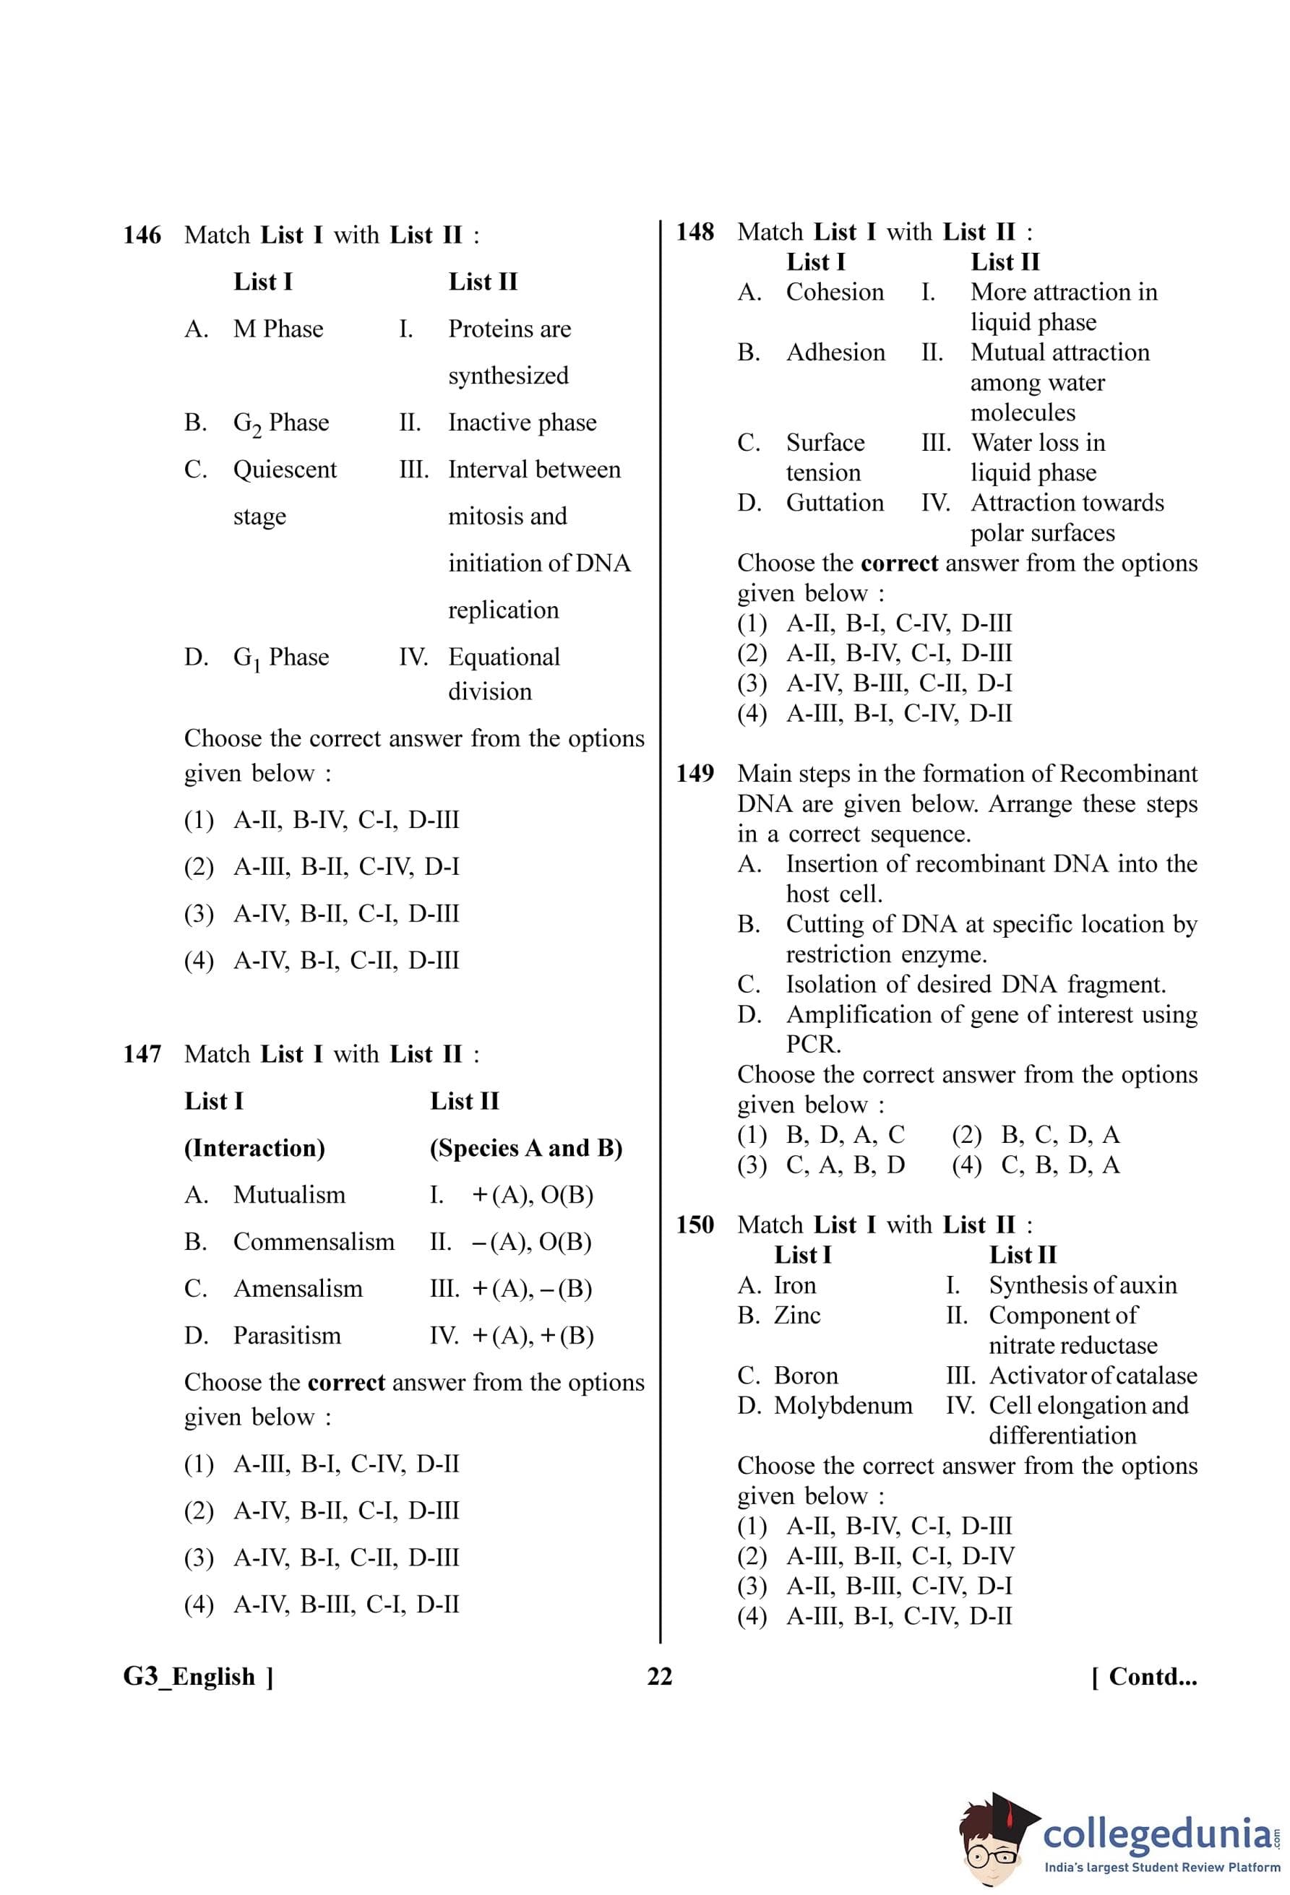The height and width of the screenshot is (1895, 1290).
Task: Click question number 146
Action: coord(142,236)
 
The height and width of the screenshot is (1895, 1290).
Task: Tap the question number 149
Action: coord(695,773)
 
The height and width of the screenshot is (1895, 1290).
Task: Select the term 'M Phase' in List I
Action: coord(278,329)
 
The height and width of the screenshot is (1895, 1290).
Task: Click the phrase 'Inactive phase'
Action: coord(522,423)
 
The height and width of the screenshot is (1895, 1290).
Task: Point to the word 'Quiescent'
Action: coord(285,470)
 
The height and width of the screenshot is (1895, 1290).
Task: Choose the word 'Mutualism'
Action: coord(288,1196)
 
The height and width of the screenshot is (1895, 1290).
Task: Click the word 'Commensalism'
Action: coord(313,1242)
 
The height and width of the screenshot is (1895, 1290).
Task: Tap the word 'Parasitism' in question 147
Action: coord(287,1336)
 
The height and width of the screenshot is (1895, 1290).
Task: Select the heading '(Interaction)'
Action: coord(254,1148)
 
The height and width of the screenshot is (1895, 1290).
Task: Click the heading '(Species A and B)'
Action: coord(526,1148)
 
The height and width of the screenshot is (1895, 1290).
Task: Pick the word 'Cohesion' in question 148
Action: coord(834,292)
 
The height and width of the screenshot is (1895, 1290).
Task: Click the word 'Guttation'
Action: coord(834,503)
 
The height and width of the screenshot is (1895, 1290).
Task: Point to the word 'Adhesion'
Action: coord(835,353)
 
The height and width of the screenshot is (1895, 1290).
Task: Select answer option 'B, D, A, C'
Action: coord(845,1135)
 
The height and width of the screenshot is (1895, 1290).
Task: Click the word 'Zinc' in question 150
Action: coord(796,1316)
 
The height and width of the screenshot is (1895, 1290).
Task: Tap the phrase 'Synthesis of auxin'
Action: coord(1082,1285)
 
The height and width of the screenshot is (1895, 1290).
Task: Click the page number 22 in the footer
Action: coord(660,1677)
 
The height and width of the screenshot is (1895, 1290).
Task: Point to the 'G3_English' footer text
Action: coord(189,1677)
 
